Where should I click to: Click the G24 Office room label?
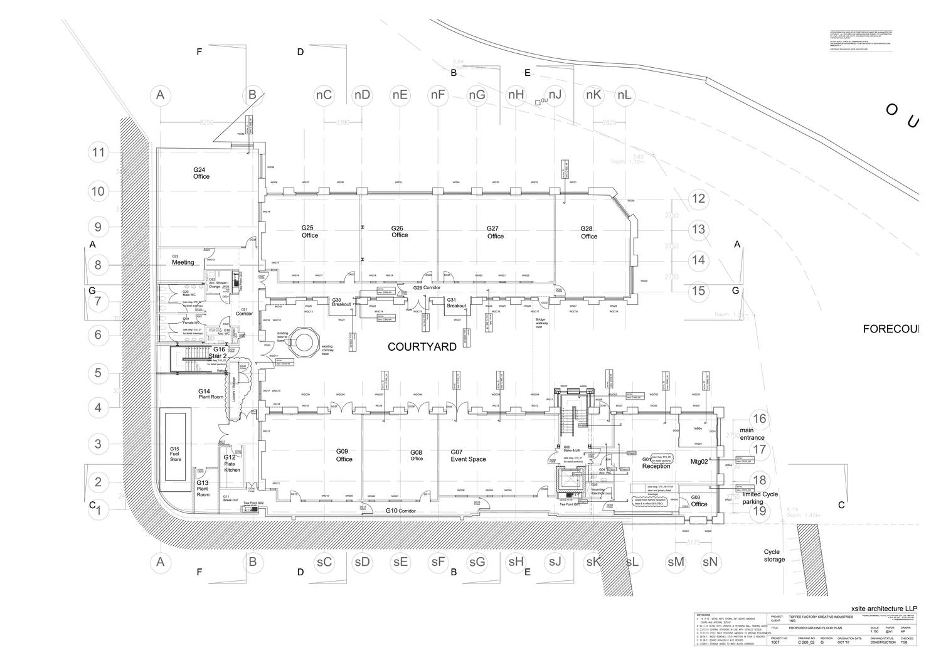pos(201,173)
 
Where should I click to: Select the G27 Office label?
pos(495,232)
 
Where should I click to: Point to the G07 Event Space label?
pos(468,455)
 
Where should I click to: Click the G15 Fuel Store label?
pos(174,454)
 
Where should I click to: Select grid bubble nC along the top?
pos(324,95)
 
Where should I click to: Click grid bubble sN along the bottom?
pos(710,562)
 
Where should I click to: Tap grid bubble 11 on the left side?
pos(98,152)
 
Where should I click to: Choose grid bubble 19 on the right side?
pos(760,511)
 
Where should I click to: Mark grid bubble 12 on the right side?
pos(698,199)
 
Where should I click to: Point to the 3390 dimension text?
pos(343,122)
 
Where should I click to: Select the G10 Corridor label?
pos(401,511)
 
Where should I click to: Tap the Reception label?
pos(656,466)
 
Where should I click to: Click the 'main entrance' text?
pos(752,434)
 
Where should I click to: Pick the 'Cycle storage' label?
pos(774,556)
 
